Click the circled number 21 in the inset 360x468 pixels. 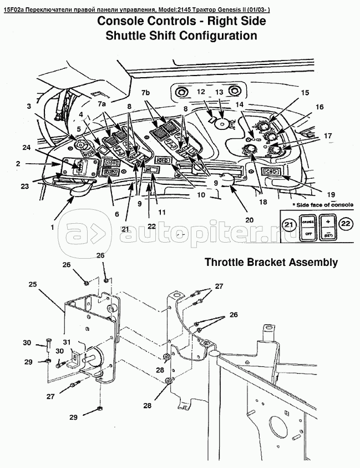(x=288, y=224)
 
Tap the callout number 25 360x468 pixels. (x=33, y=284)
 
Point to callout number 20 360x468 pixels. (x=250, y=219)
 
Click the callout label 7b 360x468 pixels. (x=146, y=92)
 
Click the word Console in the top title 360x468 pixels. (x=124, y=22)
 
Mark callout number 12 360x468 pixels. (x=200, y=92)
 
